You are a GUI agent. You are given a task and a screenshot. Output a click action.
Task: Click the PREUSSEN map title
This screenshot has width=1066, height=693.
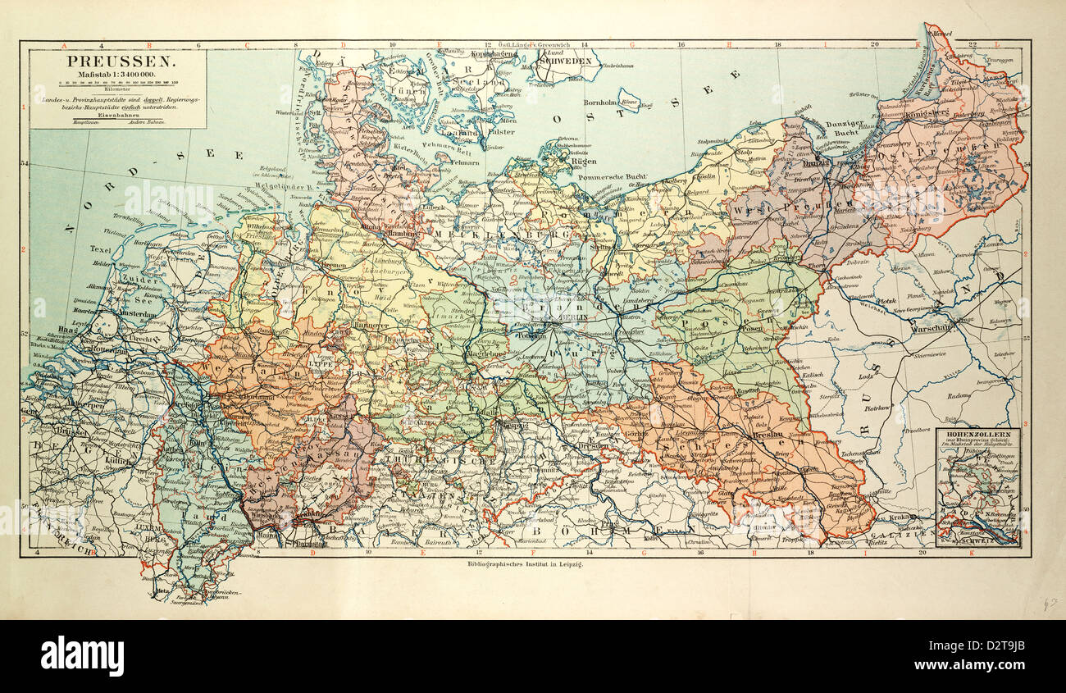(118, 62)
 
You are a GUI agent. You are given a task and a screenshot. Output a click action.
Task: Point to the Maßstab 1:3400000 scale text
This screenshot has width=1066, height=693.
(118, 75)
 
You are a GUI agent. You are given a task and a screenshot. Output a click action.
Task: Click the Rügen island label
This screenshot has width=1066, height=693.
(560, 162)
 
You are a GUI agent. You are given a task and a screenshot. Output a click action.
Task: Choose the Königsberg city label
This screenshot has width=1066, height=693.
(929, 115)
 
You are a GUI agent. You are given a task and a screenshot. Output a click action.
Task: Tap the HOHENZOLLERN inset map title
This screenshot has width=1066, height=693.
(977, 433)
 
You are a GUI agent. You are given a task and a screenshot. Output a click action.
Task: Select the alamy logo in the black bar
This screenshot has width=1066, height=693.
(82, 656)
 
